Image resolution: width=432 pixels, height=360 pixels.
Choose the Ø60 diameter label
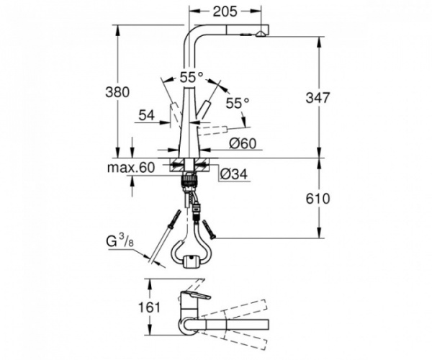pyautogui.click(x=243, y=144)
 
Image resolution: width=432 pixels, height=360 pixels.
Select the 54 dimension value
pyautogui.click(x=147, y=116)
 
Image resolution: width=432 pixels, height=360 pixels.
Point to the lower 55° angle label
pyautogui.click(x=238, y=103)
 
